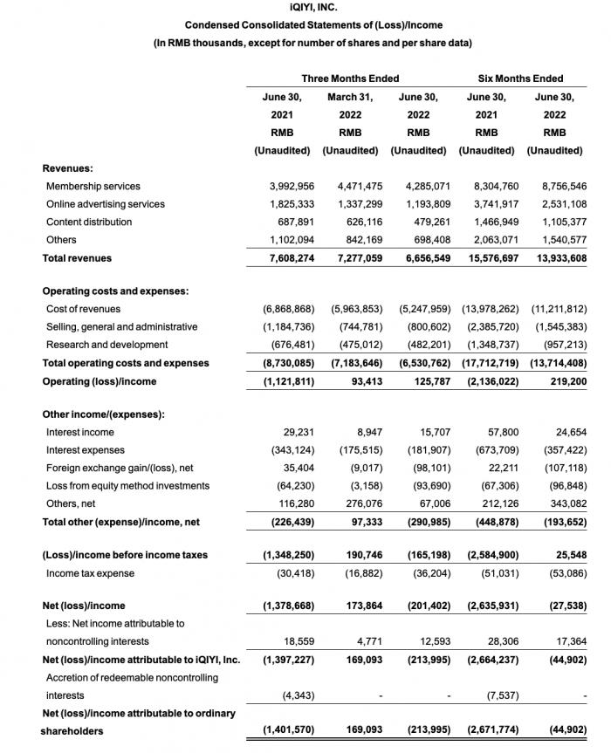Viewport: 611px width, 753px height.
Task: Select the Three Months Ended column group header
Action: point(350,79)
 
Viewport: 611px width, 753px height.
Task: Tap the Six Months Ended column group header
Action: point(521,79)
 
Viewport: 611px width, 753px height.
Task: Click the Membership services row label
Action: point(93,186)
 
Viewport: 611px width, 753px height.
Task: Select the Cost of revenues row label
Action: point(83,309)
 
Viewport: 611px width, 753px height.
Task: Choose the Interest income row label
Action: point(80,432)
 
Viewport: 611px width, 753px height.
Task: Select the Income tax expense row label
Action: point(90,572)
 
